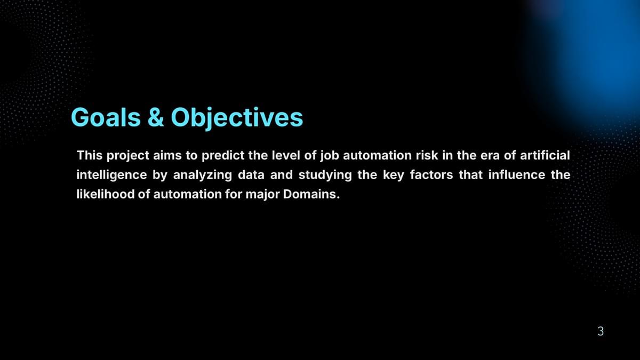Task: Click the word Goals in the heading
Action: coord(106,117)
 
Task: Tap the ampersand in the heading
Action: coord(156,117)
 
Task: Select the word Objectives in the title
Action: coord(237,118)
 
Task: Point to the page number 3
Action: coord(601,331)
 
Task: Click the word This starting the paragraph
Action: coord(90,155)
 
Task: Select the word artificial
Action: coord(545,155)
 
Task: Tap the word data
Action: coord(251,175)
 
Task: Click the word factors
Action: coord(431,175)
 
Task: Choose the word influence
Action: coord(517,175)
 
